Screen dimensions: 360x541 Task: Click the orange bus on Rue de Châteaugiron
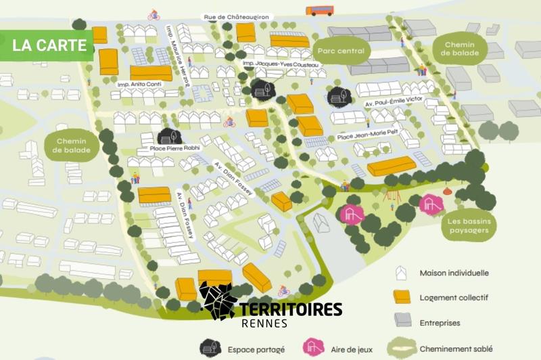(319, 10)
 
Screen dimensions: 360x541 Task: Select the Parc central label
(340, 51)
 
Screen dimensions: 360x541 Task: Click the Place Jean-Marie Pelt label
(367, 138)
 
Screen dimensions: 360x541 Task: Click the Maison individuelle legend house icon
(402, 273)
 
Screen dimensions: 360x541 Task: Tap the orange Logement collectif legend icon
(402, 296)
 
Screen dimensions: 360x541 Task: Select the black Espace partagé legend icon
(210, 348)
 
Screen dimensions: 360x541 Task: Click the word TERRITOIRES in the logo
(291, 309)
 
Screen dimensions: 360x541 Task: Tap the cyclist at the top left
(153, 14)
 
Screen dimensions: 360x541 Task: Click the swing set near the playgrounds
(390, 195)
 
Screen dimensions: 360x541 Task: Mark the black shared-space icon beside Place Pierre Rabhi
(170, 135)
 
